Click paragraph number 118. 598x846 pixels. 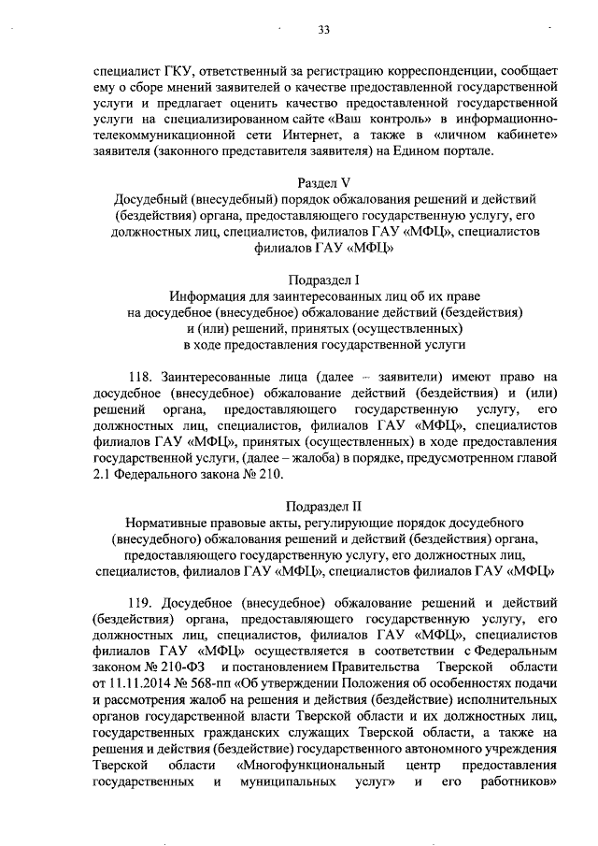tap(141, 378)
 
